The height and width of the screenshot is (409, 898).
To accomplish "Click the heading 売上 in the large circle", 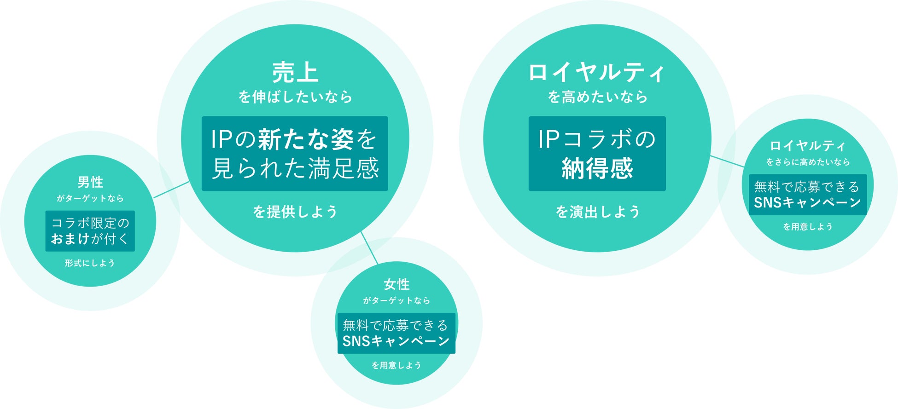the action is point(295,72).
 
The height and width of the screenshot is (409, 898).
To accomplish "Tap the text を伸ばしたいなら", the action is point(295,97).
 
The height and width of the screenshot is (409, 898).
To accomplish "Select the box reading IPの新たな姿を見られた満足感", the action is point(295,153).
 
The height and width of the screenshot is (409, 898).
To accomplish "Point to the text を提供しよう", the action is point(295,212).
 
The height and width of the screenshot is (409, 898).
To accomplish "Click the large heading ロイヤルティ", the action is point(597,72).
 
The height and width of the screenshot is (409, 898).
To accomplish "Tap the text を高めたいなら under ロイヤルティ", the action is point(597,97).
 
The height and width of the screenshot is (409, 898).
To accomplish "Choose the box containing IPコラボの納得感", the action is point(597,153).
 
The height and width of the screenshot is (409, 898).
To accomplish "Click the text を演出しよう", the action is point(597,212).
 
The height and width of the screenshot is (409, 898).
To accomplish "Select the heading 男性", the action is point(90,182).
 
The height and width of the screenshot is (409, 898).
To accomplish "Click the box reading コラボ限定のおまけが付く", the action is point(90,231).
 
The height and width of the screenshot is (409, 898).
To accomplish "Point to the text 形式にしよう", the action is point(90,263).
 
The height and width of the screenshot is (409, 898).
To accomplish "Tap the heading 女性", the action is point(397,284).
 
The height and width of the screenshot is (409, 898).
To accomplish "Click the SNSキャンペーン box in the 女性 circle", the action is point(397,333).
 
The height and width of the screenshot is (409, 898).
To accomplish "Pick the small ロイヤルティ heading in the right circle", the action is point(808,146).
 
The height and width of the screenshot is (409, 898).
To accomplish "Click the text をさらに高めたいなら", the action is point(808,162).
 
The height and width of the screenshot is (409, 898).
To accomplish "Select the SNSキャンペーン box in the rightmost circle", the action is point(808,195).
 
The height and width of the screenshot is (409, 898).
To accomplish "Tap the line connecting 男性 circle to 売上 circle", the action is point(171,190).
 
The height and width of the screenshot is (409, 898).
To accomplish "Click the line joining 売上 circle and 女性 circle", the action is point(369,248).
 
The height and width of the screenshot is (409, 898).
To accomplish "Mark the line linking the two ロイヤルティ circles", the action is point(727,161).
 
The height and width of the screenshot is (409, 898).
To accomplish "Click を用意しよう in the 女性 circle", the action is point(397,365).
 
